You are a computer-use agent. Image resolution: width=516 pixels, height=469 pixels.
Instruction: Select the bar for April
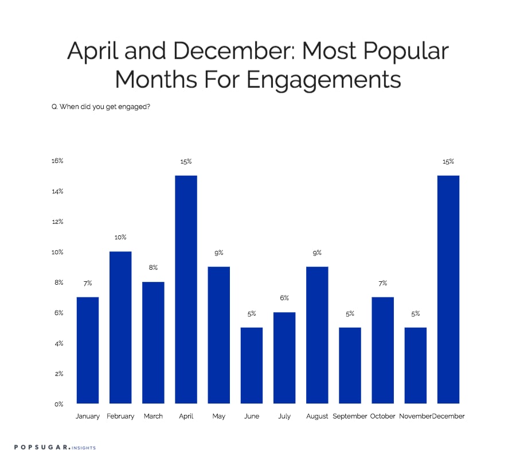pos(186,289)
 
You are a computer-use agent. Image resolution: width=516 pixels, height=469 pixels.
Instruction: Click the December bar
pos(448,289)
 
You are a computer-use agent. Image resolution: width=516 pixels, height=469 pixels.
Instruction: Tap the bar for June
pos(252,366)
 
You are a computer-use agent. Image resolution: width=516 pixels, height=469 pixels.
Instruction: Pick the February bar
pos(120,327)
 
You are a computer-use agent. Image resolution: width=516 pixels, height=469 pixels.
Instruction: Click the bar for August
pos(317,335)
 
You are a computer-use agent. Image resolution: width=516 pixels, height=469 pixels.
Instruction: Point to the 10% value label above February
pos(120,237)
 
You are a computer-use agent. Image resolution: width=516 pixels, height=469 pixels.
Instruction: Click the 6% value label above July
pos(284,298)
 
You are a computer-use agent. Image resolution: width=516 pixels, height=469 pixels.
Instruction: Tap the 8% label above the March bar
pos(153,268)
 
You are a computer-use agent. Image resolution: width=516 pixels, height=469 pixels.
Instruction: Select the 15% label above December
pos(448,161)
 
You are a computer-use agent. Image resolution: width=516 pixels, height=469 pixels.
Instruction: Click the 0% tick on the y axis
pos(58,404)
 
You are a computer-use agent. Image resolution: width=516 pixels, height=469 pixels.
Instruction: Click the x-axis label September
pos(350,416)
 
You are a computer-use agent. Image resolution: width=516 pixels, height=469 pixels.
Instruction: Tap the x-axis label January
pos(88,416)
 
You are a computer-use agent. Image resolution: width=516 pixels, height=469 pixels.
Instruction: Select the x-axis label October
pos(383,416)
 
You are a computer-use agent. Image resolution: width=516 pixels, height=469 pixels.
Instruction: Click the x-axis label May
pos(218,416)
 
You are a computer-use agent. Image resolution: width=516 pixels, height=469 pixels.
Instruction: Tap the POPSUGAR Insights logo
pos(55,447)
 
